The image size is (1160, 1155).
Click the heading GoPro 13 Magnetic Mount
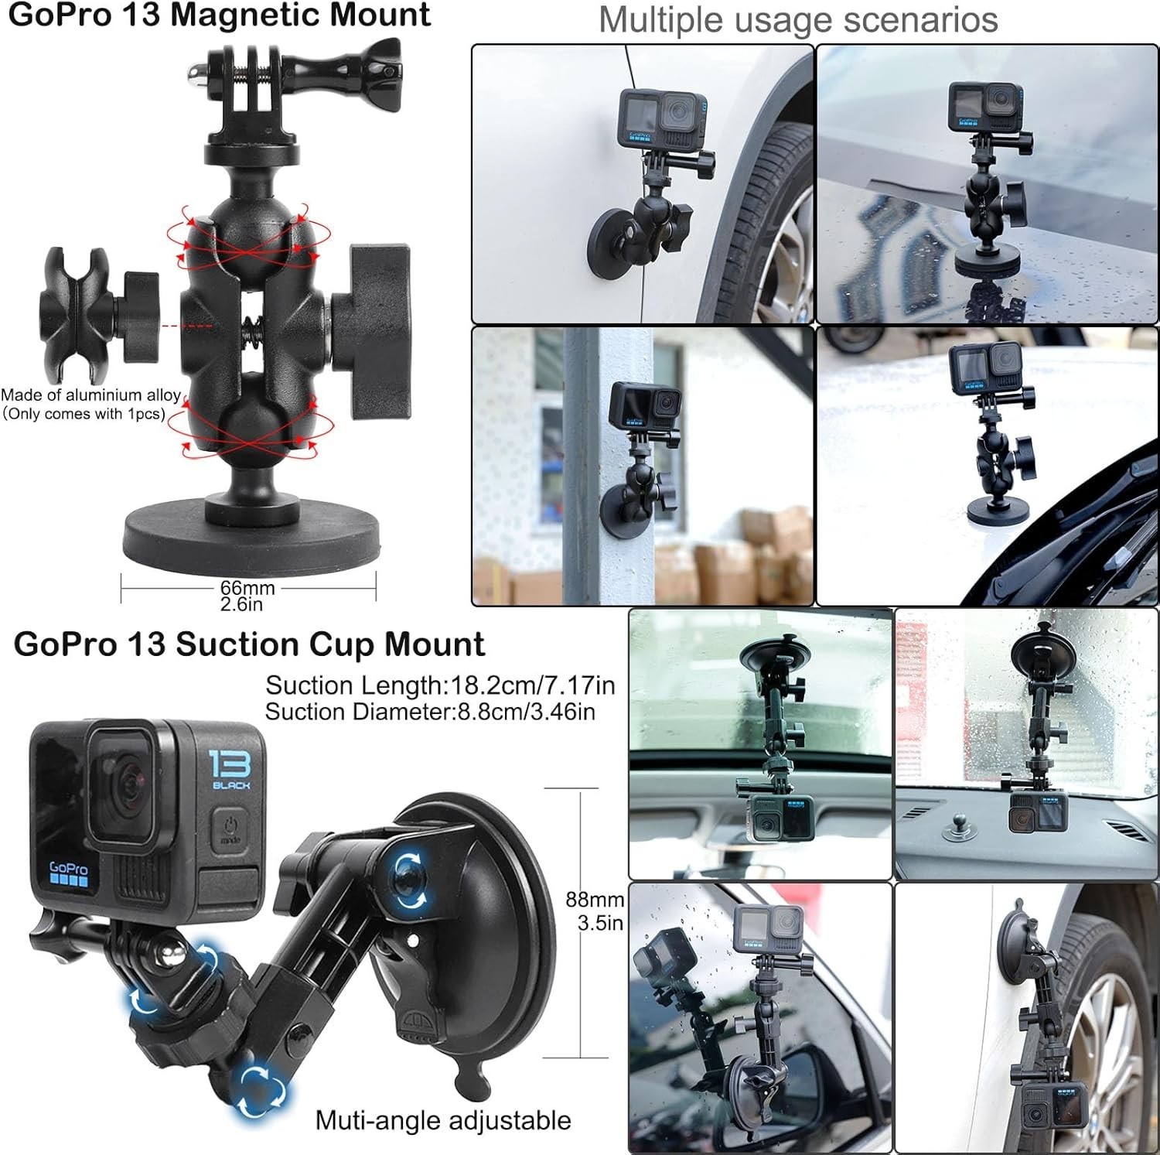tap(219, 15)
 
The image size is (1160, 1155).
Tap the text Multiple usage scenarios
tap(798, 20)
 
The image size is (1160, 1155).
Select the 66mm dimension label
tap(247, 588)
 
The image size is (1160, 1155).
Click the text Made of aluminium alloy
tap(91, 395)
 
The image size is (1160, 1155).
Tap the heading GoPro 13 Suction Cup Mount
tap(249, 644)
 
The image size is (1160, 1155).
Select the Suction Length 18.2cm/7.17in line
tap(440, 685)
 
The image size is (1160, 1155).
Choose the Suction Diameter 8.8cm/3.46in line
tap(430, 711)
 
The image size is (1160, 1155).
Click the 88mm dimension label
tap(595, 900)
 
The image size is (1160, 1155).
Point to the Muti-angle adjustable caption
tap(443, 1120)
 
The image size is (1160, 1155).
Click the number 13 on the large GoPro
tap(230, 764)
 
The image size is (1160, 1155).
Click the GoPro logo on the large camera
tap(68, 873)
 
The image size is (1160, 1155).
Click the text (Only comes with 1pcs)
tap(84, 414)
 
